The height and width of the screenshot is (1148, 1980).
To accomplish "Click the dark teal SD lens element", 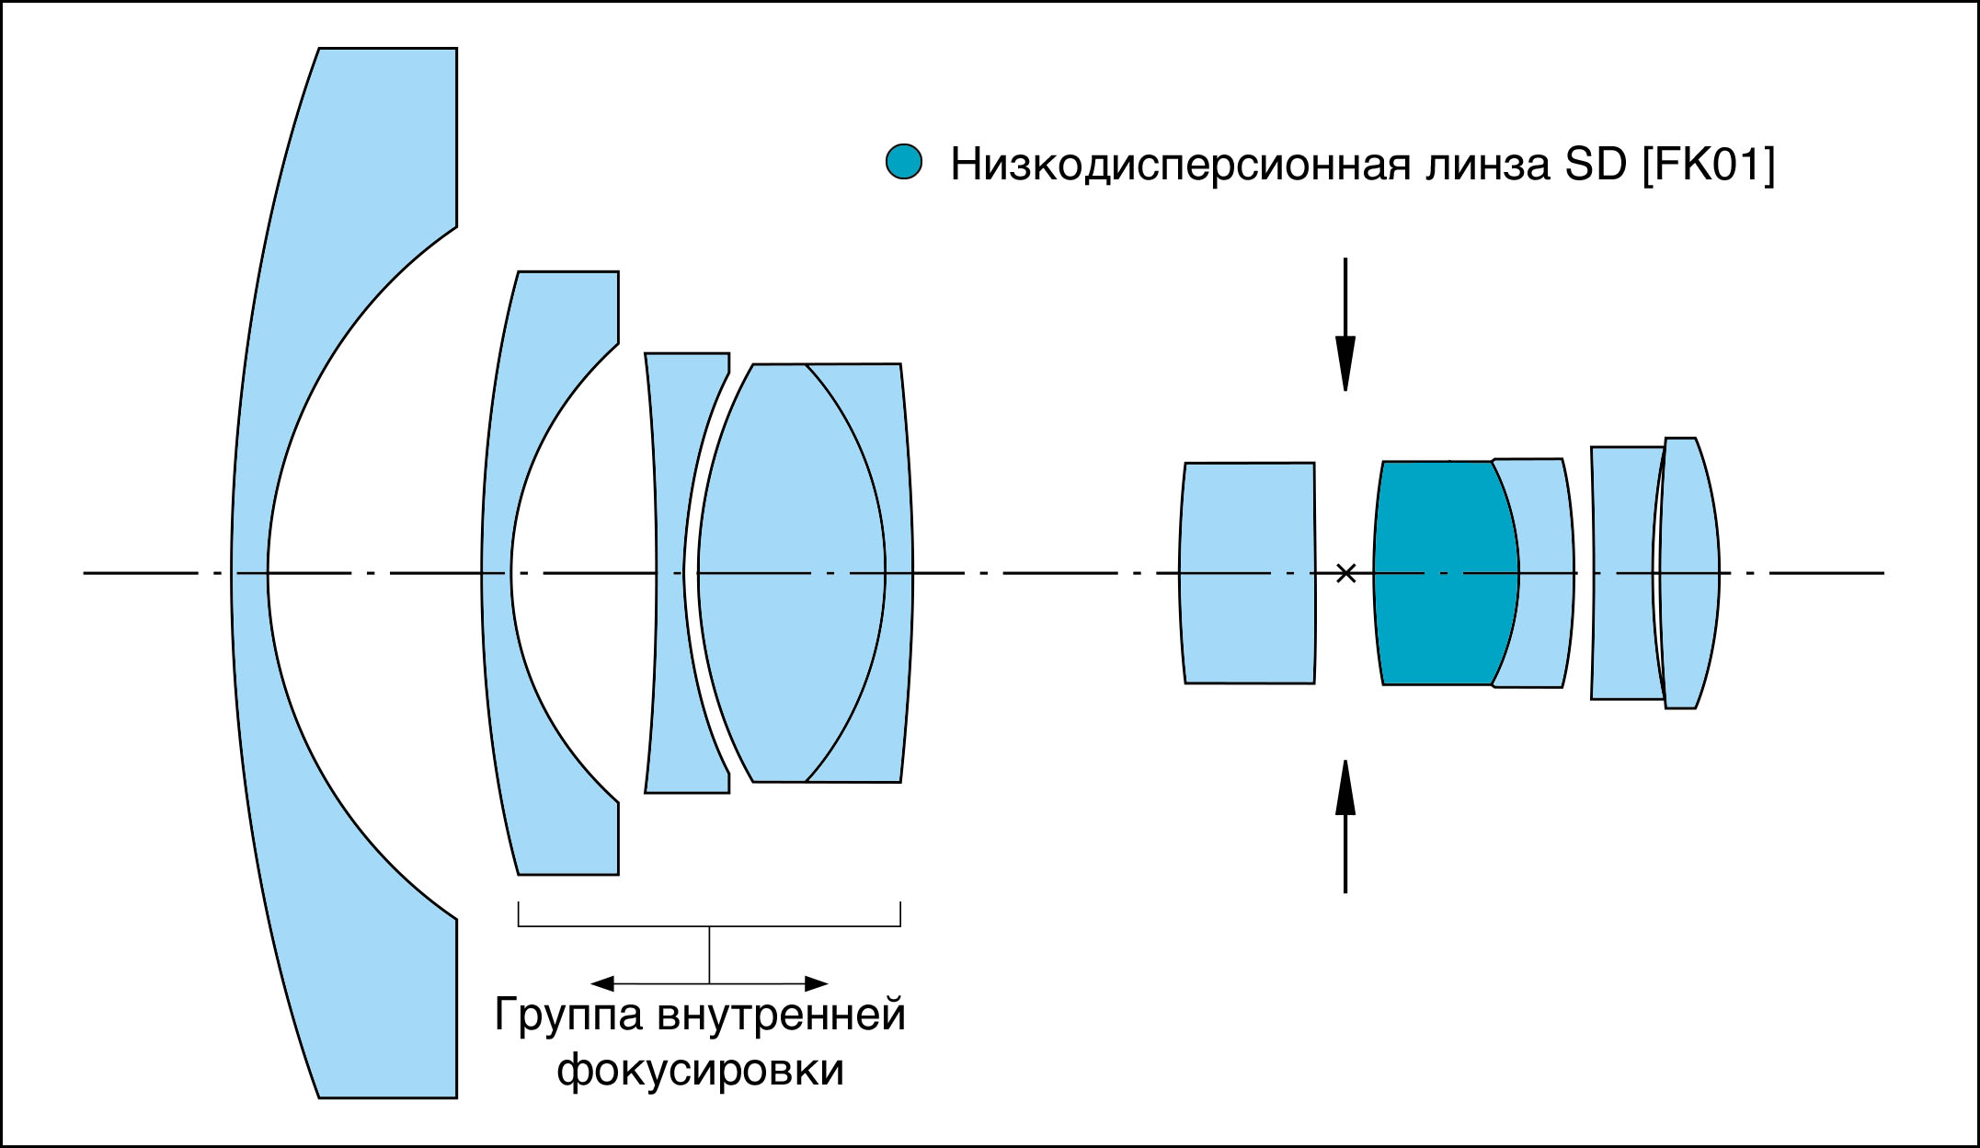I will click(1444, 572).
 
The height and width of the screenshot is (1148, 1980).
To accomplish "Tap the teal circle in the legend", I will click(903, 162).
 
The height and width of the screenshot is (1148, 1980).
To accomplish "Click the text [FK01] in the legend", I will click(1709, 165).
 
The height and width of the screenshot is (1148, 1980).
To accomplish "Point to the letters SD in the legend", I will click(1596, 165).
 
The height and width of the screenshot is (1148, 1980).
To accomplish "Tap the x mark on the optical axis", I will click(1345, 573).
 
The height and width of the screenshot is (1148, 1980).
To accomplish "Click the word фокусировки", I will click(700, 1070).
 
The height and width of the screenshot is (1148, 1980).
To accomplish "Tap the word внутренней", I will click(782, 1015).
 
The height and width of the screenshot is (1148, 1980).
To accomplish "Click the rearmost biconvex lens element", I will click(1690, 572).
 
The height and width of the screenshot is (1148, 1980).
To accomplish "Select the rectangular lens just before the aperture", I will click(1248, 572).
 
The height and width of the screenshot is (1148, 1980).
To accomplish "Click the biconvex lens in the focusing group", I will click(791, 572).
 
